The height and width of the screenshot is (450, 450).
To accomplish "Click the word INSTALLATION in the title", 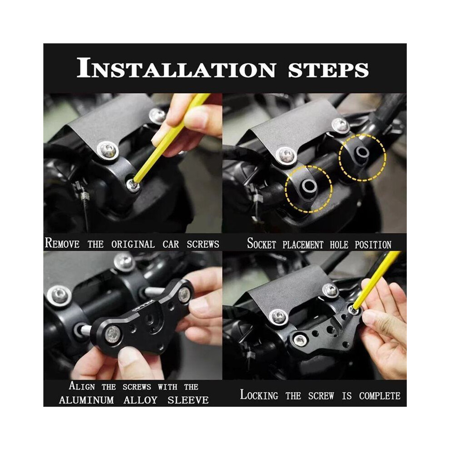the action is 176,68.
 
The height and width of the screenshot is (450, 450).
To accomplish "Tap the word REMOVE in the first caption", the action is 62,243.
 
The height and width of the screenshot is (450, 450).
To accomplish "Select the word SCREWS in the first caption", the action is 203,244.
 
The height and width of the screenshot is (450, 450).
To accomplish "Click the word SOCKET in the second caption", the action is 261,244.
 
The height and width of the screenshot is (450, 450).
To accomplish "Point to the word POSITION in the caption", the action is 373,245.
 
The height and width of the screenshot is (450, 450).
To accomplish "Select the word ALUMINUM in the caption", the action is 86,400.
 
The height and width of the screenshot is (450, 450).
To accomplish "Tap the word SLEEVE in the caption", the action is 188,400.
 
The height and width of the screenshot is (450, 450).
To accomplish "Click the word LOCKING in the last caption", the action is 259,395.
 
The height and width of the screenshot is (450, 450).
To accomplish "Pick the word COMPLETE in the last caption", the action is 380,396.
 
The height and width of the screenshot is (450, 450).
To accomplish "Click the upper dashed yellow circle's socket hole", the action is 362,152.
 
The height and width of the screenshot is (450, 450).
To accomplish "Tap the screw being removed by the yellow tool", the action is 133,185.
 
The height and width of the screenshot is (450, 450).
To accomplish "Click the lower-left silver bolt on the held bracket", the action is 111,335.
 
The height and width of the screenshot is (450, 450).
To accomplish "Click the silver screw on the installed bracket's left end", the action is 300,340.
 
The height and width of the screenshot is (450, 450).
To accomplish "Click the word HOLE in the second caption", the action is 340,245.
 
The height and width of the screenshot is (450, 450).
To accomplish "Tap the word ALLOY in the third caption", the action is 140,400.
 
